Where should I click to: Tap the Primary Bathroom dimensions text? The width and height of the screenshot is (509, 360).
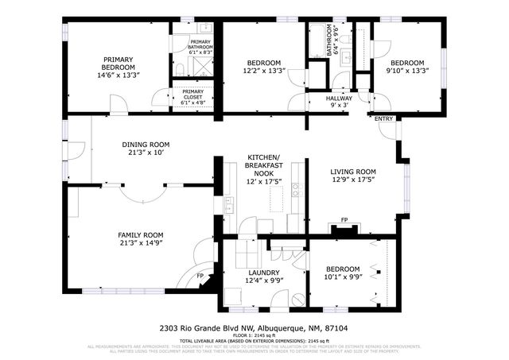click(x=201, y=52)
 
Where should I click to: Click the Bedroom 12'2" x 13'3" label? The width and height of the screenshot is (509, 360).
click(x=263, y=67)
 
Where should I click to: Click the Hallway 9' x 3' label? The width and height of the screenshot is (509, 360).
click(x=339, y=101)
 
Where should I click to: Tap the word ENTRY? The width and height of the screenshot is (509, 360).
click(x=384, y=119)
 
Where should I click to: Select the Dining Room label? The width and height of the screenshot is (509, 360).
click(x=146, y=149)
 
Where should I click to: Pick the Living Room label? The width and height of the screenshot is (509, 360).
click(x=353, y=176)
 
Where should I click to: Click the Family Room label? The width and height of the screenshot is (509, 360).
click(x=141, y=238)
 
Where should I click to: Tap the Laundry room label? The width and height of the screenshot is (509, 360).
click(x=262, y=276)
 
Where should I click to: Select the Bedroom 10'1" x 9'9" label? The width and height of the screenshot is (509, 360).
click(x=342, y=273)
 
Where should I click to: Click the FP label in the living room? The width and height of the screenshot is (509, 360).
click(x=344, y=220)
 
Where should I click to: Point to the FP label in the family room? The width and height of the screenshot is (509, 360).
click(x=201, y=277)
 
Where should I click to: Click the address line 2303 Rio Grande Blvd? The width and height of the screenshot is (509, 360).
click(x=253, y=327)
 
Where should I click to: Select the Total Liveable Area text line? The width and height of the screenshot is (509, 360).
click(x=253, y=340)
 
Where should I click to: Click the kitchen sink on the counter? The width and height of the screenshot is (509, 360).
click(x=295, y=189)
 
